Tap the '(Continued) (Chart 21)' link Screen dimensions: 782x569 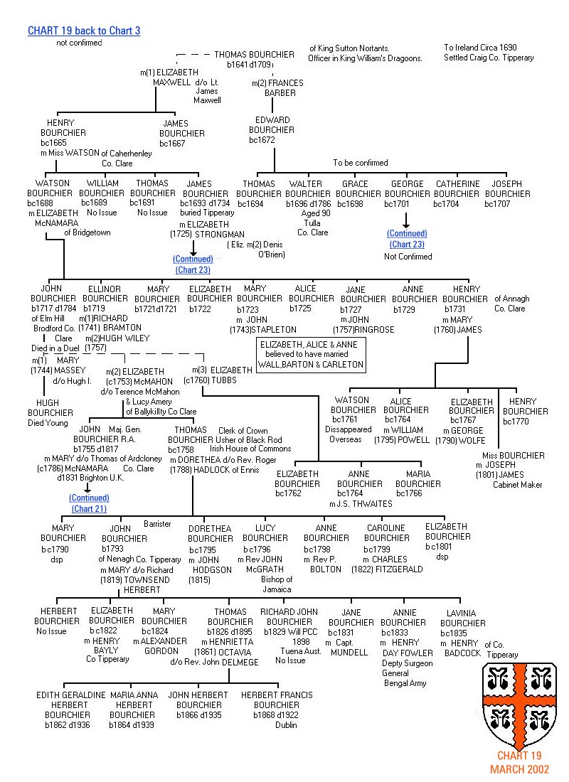tap(89, 503)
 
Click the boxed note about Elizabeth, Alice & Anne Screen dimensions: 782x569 tap(312, 354)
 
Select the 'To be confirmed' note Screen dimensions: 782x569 tap(361, 163)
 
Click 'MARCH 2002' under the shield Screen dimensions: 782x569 tap(519, 769)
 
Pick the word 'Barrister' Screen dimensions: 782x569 tap(157, 524)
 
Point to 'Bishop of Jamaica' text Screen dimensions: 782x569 tap(276, 584)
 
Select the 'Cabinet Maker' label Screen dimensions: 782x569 tap(517, 485)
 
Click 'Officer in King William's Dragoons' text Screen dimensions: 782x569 tap(366, 58)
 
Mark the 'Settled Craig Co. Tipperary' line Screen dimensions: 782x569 tap(489, 58)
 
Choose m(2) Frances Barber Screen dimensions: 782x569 tap(278, 88)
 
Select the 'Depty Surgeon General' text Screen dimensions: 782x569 tap(408, 668)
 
